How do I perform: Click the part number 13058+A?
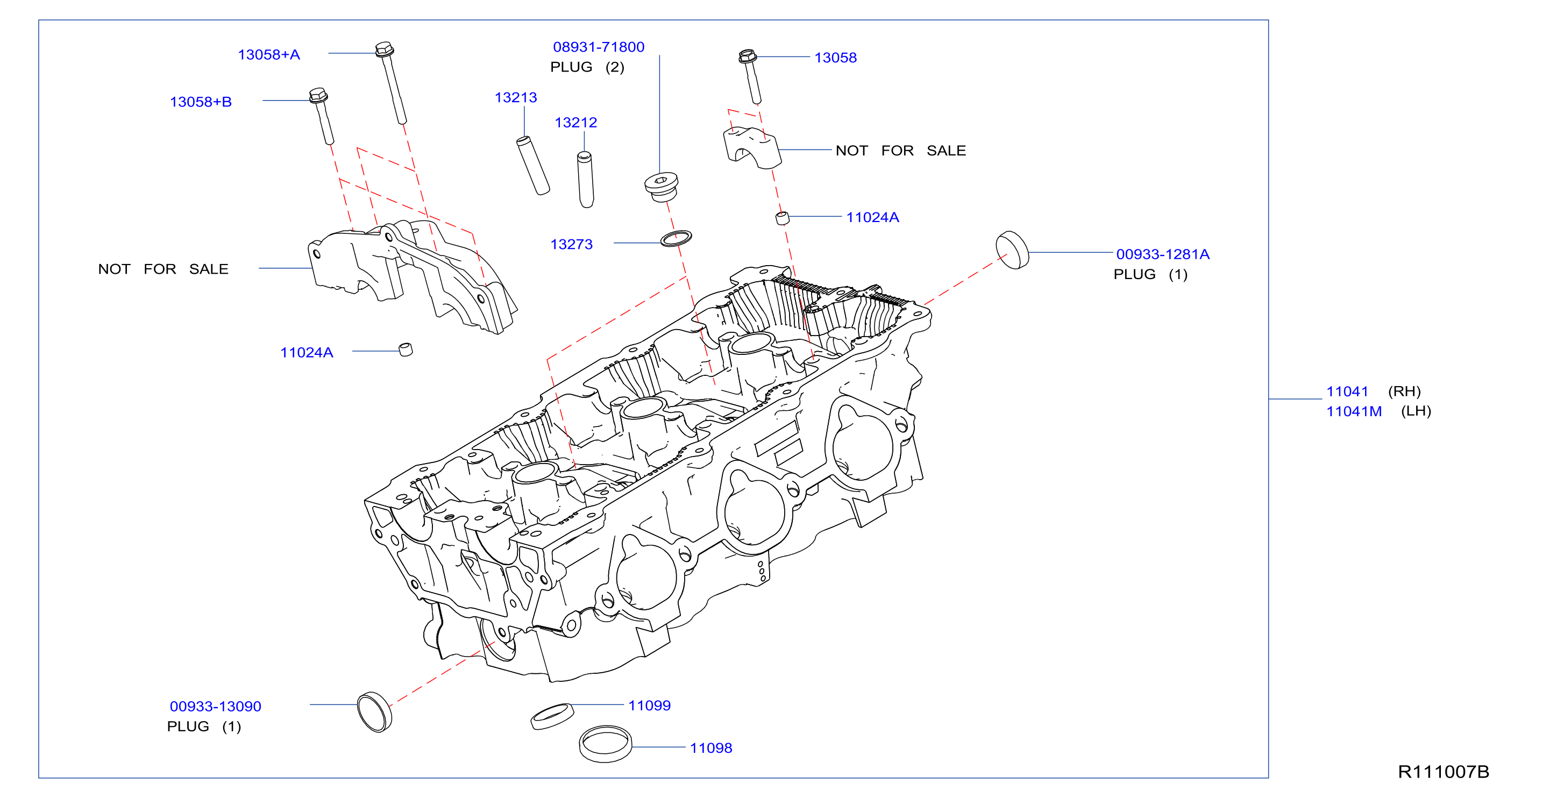click(269, 55)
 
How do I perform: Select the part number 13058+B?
click(201, 102)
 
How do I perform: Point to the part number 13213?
click(515, 97)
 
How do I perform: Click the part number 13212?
click(575, 123)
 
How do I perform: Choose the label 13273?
click(571, 244)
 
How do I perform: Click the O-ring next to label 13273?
click(676, 238)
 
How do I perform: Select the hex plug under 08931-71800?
click(661, 187)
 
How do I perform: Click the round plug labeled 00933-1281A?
click(1012, 250)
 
